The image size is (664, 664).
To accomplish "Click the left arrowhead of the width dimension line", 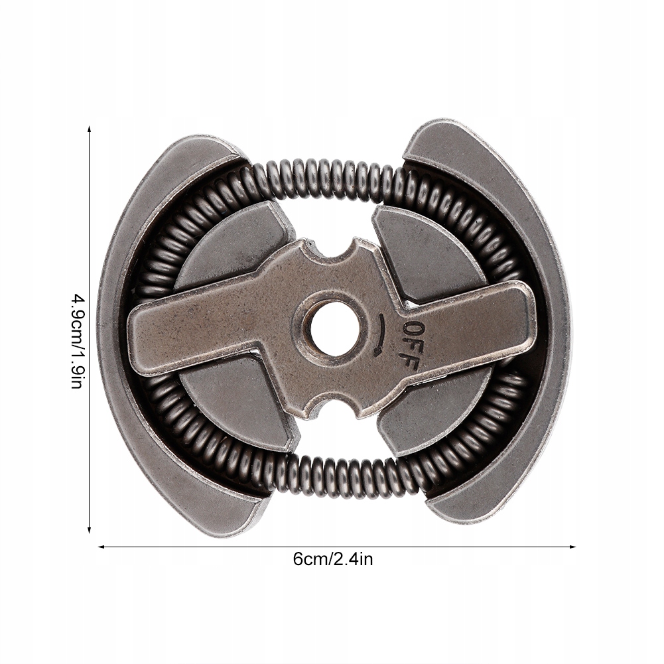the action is pyautogui.click(x=101, y=547).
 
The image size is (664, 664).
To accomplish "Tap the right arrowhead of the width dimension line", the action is pyautogui.click(x=572, y=547).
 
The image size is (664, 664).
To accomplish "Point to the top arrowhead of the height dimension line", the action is pyautogui.click(x=90, y=129).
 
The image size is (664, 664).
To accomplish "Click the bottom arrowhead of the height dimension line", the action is pyautogui.click(x=90, y=529).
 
